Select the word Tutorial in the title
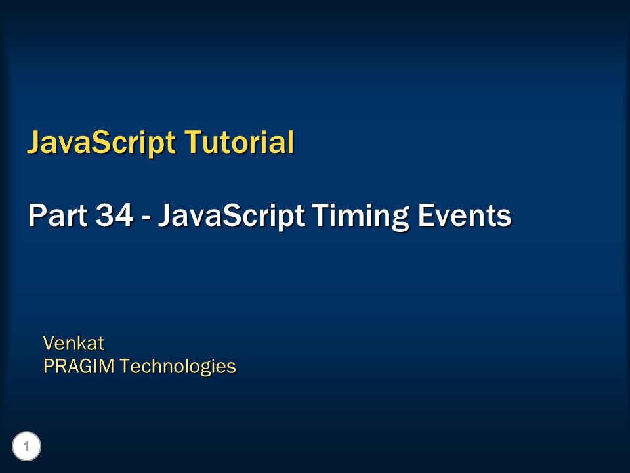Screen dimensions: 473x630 [x=238, y=142]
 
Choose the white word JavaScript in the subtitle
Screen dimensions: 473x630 [x=230, y=216]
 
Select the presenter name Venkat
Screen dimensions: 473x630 [x=73, y=343]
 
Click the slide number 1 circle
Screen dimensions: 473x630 [x=27, y=447]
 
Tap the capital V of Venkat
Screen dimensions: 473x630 [x=49, y=343]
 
